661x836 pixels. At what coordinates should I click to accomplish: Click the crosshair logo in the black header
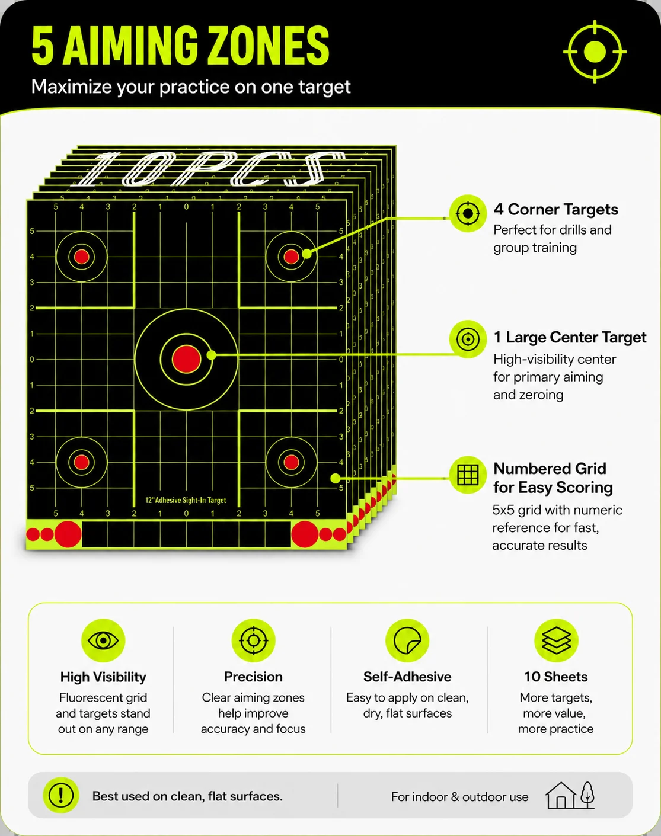[x=595, y=52]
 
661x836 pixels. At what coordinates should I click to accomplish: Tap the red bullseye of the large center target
[x=187, y=359]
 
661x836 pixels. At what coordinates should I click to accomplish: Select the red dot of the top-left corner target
[x=82, y=257]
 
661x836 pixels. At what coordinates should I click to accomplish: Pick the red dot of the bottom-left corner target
[x=82, y=462]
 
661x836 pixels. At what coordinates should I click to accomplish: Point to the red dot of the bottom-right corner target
[x=291, y=462]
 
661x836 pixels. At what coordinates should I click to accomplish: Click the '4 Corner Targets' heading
[x=555, y=209]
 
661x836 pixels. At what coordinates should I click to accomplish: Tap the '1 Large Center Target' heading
[x=570, y=337]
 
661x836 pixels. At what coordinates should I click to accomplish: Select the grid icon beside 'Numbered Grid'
[x=468, y=475]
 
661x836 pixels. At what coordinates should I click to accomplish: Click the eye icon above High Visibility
[x=103, y=640]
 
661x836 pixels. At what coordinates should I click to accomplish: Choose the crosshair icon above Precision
[x=254, y=640]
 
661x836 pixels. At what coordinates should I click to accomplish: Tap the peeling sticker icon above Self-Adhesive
[x=407, y=640]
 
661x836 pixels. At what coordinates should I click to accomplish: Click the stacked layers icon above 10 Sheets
[x=556, y=640]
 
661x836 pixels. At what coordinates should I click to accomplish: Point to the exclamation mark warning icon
[x=61, y=795]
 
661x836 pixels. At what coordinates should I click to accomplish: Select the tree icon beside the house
[x=587, y=795]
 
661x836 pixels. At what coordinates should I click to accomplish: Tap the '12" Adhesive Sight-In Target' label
[x=186, y=500]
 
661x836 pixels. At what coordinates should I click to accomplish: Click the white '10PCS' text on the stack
[x=210, y=169]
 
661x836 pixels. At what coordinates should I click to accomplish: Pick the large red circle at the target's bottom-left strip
[x=68, y=534]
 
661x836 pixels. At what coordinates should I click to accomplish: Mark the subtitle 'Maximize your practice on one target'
[x=191, y=87]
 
